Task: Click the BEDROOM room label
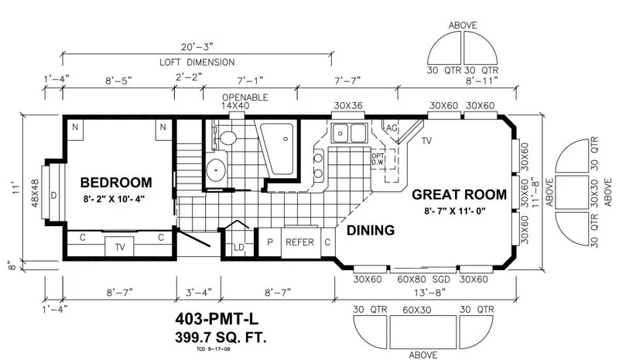click(x=116, y=183)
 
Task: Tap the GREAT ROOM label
click(x=459, y=194)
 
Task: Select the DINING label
click(x=371, y=230)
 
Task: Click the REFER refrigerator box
click(x=300, y=242)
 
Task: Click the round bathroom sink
click(x=216, y=170)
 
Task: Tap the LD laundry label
click(x=239, y=248)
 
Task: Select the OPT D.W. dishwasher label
click(x=378, y=159)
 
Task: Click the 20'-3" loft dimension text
click(x=197, y=47)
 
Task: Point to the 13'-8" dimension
click(x=425, y=293)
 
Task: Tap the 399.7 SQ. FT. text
click(x=221, y=338)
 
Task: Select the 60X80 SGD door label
click(x=423, y=279)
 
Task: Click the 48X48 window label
click(x=35, y=194)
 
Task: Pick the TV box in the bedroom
click(x=120, y=247)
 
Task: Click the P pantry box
click(x=269, y=242)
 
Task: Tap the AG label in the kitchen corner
click(x=392, y=128)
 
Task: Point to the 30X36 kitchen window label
click(x=348, y=105)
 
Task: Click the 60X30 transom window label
click(x=417, y=310)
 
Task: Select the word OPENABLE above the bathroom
click(x=245, y=98)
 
